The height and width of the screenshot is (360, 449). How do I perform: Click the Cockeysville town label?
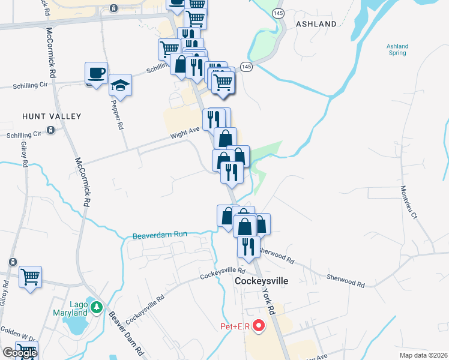(261, 281)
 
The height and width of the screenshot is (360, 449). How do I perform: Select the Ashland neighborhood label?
(316, 24)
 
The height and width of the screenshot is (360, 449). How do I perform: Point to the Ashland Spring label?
(397, 50)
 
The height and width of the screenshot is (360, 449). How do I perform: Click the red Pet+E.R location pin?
(259, 326)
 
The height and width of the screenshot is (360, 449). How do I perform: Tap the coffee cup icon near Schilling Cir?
(96, 73)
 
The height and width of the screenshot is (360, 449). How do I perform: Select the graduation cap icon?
(120, 85)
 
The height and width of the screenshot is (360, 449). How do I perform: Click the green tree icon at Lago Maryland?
(96, 308)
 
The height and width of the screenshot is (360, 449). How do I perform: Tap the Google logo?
(19, 353)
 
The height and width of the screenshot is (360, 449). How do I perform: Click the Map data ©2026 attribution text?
(423, 355)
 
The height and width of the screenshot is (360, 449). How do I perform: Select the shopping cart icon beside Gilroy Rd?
(30, 277)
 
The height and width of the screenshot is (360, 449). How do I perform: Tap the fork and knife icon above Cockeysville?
(248, 245)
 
